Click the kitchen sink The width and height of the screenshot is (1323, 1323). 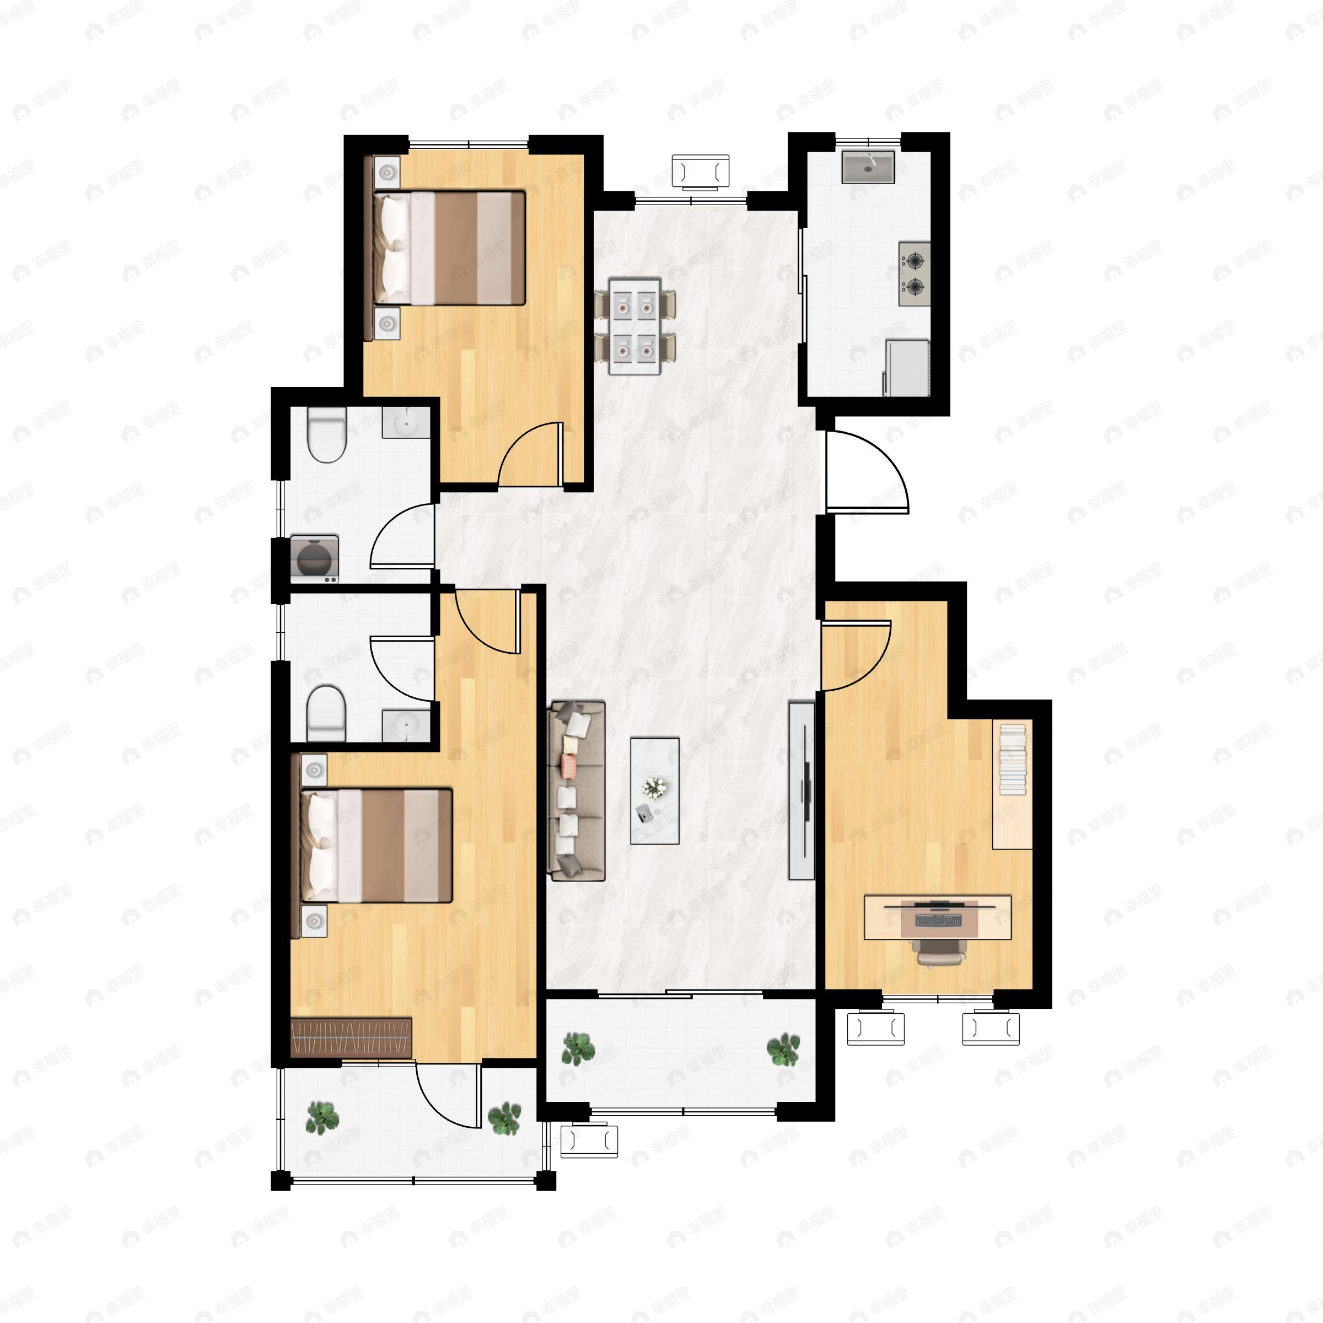pyautogui.click(x=868, y=167)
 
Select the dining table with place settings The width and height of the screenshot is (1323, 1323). pyautogui.click(x=635, y=326)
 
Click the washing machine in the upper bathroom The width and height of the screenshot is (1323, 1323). pyautogui.click(x=314, y=558)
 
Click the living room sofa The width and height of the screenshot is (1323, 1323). pyautogui.click(x=576, y=790)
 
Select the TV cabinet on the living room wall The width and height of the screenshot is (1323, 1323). pyautogui.click(x=801, y=790)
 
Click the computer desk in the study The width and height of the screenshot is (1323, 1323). pyautogui.click(x=937, y=917)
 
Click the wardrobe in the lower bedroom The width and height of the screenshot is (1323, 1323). pyautogui.click(x=351, y=1037)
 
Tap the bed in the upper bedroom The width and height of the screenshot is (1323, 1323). pyautogui.click(x=449, y=248)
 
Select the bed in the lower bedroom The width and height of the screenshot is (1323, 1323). pyautogui.click(x=377, y=845)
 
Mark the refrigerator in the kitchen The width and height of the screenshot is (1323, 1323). pyautogui.click(x=907, y=368)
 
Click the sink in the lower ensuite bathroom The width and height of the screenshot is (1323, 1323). pyautogui.click(x=406, y=724)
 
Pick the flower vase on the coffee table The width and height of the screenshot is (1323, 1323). pyautogui.click(x=655, y=788)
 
